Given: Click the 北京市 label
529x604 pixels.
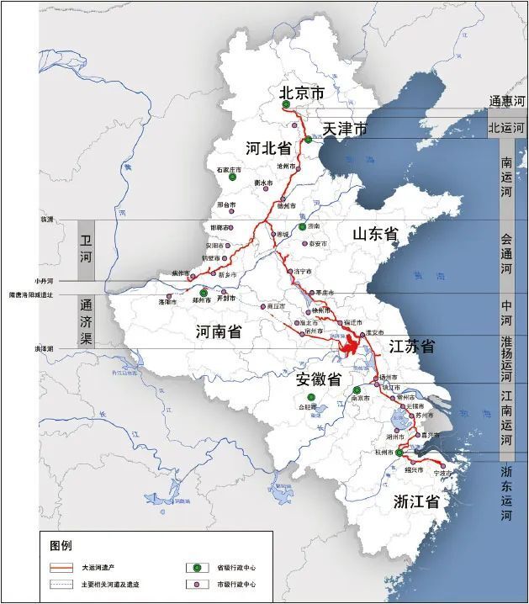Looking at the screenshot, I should coord(301,93).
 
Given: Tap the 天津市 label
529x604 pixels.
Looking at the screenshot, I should coord(346,130).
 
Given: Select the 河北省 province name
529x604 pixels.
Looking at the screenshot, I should coord(268,149).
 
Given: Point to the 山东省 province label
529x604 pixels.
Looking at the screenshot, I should coord(374,234).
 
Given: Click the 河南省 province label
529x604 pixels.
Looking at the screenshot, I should coord(218,331).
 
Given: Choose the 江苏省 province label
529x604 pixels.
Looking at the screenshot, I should coord(411,347).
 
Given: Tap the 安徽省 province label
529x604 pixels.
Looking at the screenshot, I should coord(318,379).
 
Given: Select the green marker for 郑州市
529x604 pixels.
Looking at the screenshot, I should coord(203,293).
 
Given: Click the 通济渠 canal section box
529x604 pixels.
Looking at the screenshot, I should coord(86,321).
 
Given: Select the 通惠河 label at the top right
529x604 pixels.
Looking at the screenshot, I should coord(507,101).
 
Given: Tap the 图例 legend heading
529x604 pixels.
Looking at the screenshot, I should coord(62,544).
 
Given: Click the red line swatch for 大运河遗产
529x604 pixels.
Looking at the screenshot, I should coord(62,568).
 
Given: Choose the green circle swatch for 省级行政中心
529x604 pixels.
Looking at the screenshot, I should coord(191,568).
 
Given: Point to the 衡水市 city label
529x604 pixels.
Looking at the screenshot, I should coord(267,183).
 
